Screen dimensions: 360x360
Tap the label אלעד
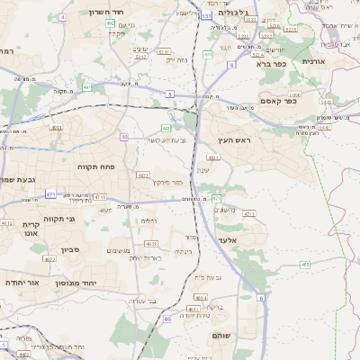(x=226, y=240)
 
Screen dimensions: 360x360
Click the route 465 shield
(x=305, y=265)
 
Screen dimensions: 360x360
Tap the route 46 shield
(x=166, y=319)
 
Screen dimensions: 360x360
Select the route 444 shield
(x=208, y=54)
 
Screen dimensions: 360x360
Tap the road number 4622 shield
(x=49, y=259)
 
